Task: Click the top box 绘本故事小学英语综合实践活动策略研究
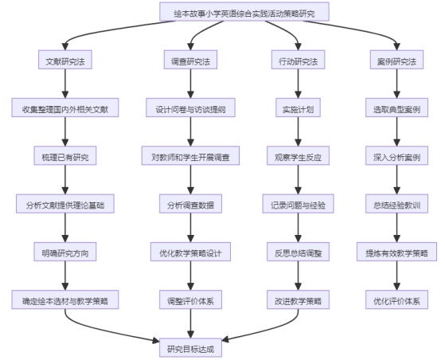click(x=244, y=12)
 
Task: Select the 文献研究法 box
click(x=65, y=60)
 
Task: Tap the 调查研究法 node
click(x=190, y=60)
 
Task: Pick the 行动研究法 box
click(x=298, y=60)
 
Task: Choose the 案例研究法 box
click(x=396, y=60)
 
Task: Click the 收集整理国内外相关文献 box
click(x=65, y=108)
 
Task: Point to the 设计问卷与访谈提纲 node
click(x=190, y=108)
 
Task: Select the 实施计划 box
click(x=298, y=108)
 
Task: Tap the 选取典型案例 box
click(x=396, y=108)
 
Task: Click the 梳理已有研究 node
click(x=65, y=155)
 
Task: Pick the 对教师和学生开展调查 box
click(x=190, y=155)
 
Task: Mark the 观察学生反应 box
click(x=298, y=155)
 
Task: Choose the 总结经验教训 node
click(x=396, y=204)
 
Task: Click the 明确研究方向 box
click(x=65, y=252)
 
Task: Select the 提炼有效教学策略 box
click(x=396, y=252)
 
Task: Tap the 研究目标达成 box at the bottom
click(x=190, y=347)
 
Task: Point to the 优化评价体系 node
click(x=396, y=299)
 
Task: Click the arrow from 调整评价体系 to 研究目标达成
click(x=190, y=323)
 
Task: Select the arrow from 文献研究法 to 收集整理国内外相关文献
click(x=65, y=84)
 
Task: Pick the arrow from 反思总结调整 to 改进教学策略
click(x=298, y=276)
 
